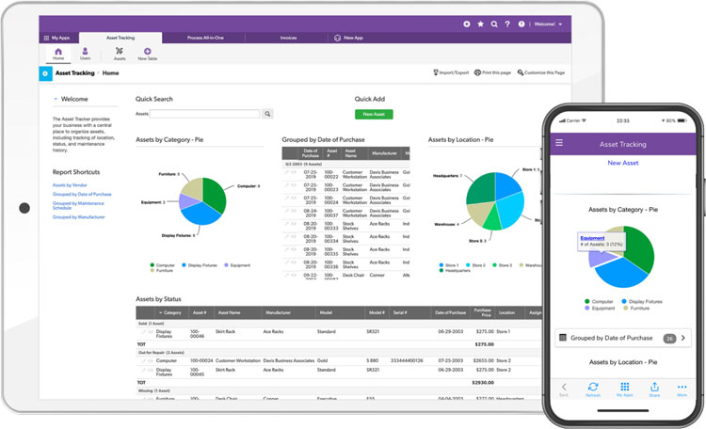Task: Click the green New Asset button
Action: tap(374, 114)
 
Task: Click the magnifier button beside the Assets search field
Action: tap(267, 114)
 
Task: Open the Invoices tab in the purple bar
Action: tap(289, 38)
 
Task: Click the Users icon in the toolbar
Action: tap(85, 54)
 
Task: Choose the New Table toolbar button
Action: tap(148, 54)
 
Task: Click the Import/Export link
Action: tap(451, 72)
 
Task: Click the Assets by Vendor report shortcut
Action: tap(69, 185)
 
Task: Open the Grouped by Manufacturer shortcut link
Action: tap(78, 217)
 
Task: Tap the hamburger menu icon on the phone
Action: tap(559, 143)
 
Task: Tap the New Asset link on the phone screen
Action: tap(624, 163)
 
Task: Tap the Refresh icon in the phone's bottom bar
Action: tap(593, 389)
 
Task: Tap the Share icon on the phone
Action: tap(653, 389)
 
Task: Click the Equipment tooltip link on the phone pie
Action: tap(593, 238)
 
